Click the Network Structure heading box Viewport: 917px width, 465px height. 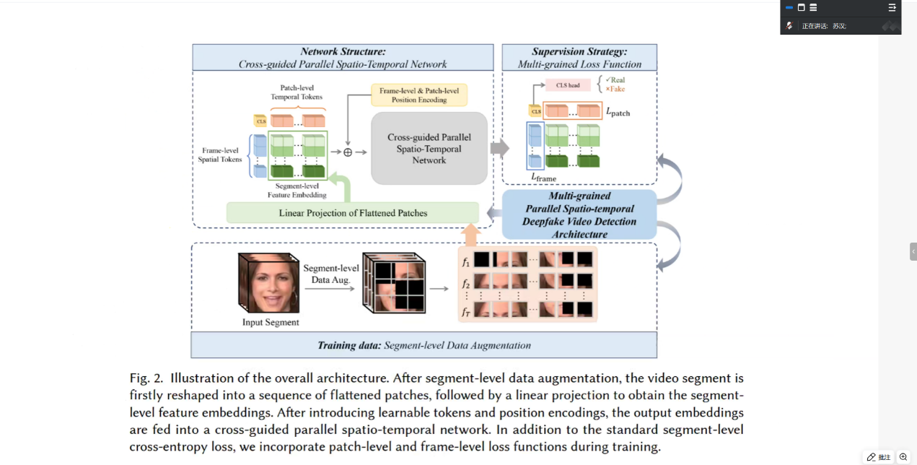pos(343,58)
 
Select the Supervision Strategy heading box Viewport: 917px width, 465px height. pos(579,58)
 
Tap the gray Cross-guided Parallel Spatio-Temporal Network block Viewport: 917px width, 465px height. pos(429,148)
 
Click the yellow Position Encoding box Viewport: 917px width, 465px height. pos(418,95)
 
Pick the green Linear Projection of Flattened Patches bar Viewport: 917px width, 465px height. pos(353,213)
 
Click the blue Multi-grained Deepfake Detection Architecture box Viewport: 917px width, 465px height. pos(579,214)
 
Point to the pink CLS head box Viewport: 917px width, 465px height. pos(568,85)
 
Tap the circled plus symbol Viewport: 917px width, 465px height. pos(348,152)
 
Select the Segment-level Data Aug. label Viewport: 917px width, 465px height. pos(331,274)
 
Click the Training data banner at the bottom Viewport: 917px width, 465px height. pos(424,345)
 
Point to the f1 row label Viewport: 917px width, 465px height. pos(466,261)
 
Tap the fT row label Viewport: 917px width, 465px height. pos(466,312)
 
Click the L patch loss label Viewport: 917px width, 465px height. pos(618,113)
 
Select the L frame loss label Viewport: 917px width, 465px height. pos(543,177)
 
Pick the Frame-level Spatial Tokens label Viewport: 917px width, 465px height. pos(220,155)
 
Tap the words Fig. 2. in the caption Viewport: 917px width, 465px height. pos(146,378)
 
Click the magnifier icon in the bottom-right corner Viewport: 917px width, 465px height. pos(903,457)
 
